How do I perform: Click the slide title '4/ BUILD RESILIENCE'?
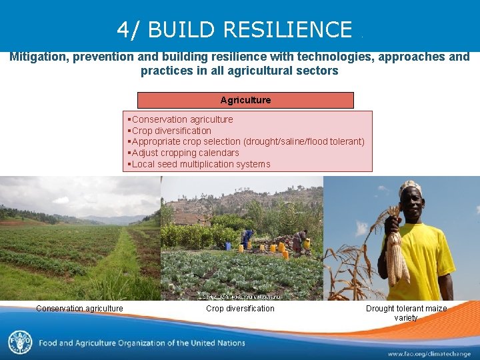tap(234, 29)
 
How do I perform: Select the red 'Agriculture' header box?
tap(245, 100)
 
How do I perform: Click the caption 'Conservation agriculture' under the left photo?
tap(79, 309)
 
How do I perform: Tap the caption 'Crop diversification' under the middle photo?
tap(240, 309)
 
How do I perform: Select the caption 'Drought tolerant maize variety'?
tap(406, 313)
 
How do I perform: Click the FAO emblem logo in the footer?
tap(19, 342)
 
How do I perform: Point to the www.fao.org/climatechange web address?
tap(429, 353)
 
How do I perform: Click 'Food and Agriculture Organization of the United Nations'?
tap(141, 343)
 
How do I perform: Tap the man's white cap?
tap(411, 189)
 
